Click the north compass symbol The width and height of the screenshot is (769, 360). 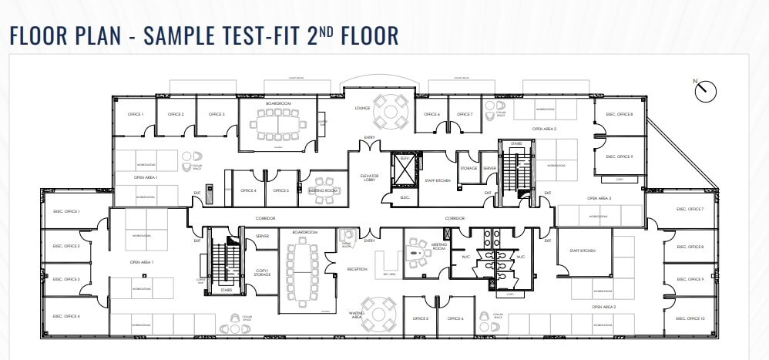tap(704, 91)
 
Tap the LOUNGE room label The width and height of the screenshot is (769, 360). tap(363, 108)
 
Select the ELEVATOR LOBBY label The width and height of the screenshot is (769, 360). tap(370, 178)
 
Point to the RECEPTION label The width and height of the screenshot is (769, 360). tap(358, 269)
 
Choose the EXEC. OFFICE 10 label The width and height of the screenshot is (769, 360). tap(690, 318)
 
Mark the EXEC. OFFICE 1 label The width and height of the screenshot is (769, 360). tap(66, 210)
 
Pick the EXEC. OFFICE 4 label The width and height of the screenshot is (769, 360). tap(66, 316)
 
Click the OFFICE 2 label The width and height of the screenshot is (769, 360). tap(176, 115)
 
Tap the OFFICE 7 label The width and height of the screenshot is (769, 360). tap(465, 115)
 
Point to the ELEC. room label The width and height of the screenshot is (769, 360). tap(405, 197)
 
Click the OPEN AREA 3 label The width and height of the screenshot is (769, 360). tap(599, 198)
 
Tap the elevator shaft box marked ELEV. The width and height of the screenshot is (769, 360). tap(404, 167)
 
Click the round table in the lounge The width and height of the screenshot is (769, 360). tap(398, 111)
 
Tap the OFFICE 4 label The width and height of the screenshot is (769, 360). tap(248, 190)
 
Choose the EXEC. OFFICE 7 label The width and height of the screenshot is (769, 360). tap(690, 209)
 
